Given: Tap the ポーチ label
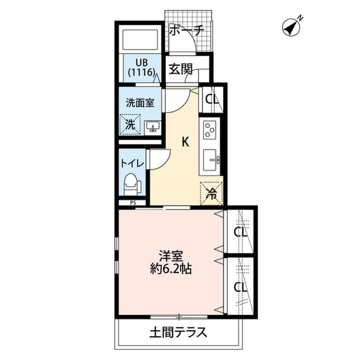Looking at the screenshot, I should (x=186, y=30).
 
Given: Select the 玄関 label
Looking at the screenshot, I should (x=181, y=69).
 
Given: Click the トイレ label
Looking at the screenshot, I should (x=133, y=164).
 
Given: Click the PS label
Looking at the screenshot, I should (x=133, y=203).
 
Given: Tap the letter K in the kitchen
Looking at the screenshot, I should (x=184, y=143).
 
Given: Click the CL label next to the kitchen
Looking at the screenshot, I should (x=212, y=100).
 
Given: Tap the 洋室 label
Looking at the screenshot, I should (x=170, y=255).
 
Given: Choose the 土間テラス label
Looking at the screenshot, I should (x=178, y=332).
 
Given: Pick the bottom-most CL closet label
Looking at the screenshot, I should (x=241, y=287).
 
